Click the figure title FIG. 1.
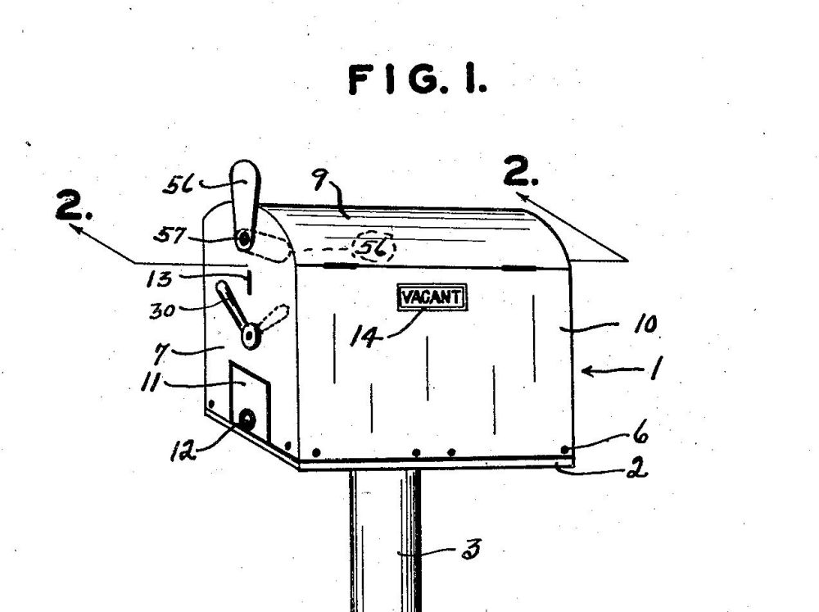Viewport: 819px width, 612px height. point(418,79)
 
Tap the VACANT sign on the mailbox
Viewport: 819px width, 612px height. point(432,297)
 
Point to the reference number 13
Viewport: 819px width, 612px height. point(159,279)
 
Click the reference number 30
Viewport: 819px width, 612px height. point(162,311)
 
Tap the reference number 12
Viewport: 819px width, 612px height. point(183,451)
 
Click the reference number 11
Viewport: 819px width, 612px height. point(151,382)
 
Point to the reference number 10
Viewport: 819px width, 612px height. point(645,324)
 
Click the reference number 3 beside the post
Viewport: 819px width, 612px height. point(471,549)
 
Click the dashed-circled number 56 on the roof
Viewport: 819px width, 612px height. point(374,247)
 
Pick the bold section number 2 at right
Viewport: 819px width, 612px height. point(521,171)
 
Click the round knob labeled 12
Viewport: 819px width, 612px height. point(247,419)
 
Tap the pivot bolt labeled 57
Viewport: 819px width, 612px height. point(243,240)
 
